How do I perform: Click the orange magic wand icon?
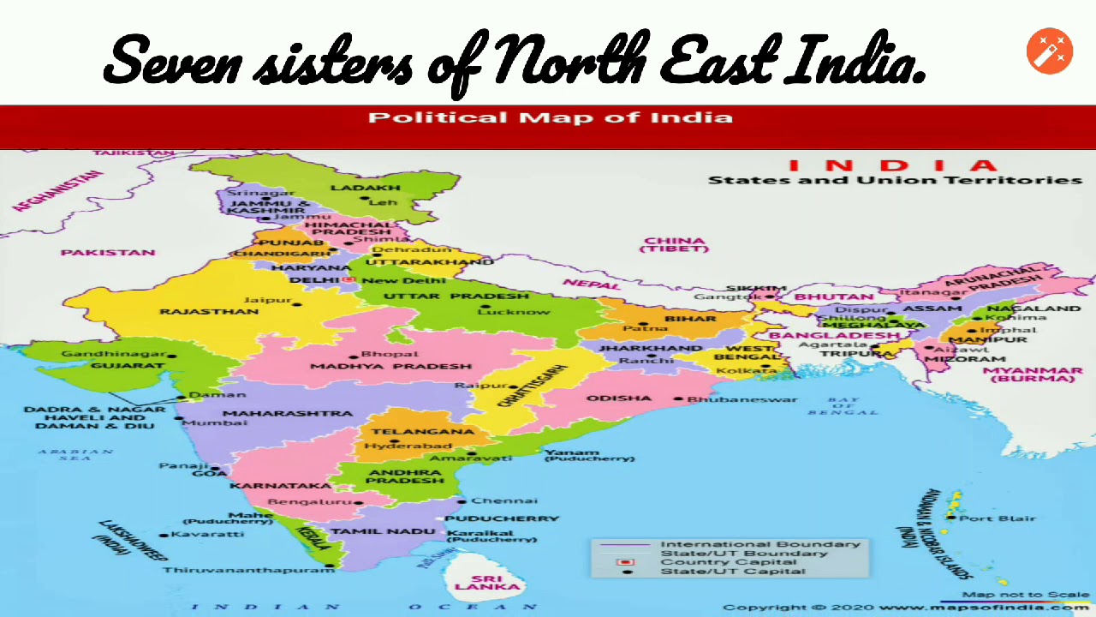tap(1049, 51)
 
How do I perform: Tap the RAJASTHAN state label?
tap(208, 311)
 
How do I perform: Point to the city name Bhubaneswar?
tap(742, 398)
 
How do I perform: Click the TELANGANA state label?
tap(410, 431)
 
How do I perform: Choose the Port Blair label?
tap(998, 518)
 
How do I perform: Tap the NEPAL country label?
tap(591, 284)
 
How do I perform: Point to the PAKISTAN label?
tap(108, 252)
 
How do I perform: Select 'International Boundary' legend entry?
tap(759, 544)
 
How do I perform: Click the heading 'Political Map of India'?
tap(550, 117)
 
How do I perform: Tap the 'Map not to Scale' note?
tap(1025, 594)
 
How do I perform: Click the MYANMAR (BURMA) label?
tap(1032, 374)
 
